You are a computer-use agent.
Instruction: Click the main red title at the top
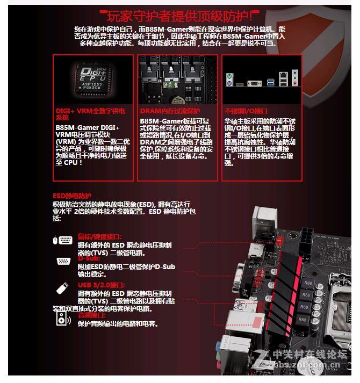179,15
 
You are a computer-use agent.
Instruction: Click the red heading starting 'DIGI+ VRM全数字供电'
90,113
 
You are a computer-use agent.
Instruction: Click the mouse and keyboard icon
62,240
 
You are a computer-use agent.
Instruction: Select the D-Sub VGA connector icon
63,262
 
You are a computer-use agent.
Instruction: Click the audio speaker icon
63,319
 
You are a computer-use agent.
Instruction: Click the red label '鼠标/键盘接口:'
99,236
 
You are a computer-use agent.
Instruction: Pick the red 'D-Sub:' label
89,258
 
